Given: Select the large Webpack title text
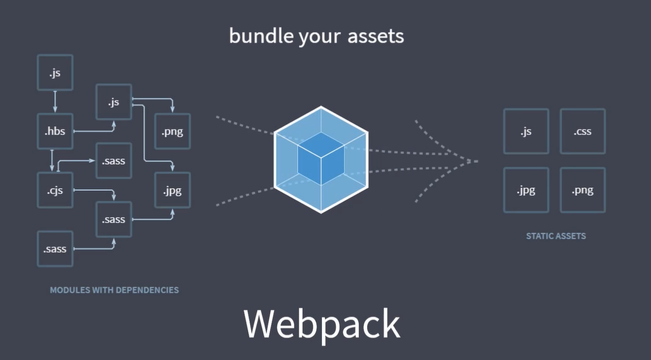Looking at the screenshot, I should (x=322, y=323).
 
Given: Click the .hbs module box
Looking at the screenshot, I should (x=55, y=132).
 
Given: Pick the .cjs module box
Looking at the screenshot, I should (x=55, y=190).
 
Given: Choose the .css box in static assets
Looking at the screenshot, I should (x=582, y=132).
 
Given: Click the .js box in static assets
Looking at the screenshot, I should (x=525, y=132).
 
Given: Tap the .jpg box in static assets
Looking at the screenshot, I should (x=525, y=190).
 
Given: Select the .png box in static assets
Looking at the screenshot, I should (x=582, y=190).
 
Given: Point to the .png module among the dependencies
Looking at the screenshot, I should (x=172, y=132).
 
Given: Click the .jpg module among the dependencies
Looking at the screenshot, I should (x=172, y=190).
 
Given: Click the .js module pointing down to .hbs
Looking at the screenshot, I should (x=55, y=73).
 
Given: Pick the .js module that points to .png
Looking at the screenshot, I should (x=114, y=102).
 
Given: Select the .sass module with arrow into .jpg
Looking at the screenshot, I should (x=114, y=219).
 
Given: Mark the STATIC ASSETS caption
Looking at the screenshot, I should (x=556, y=236).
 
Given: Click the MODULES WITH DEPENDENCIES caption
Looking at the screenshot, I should (x=114, y=290).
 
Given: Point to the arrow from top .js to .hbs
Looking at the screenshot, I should (x=55, y=102).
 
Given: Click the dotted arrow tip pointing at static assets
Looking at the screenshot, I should (x=475, y=162).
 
